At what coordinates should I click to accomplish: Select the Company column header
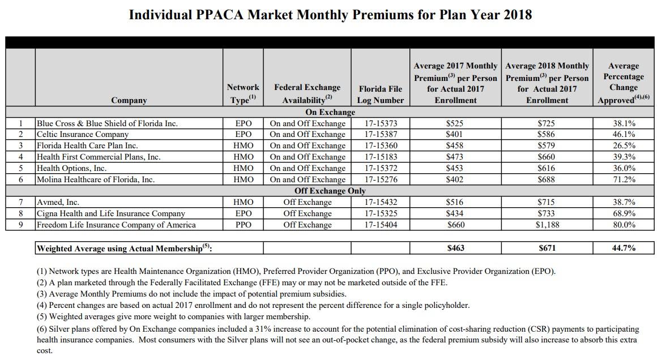[129, 100]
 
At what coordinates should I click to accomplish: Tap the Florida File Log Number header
[381, 95]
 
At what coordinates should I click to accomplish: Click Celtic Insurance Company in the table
[83, 135]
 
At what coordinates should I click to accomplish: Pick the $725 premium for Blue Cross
[547, 123]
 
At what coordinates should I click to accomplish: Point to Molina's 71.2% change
[623, 179]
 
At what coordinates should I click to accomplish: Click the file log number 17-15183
[381, 157]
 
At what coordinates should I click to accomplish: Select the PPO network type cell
[243, 225]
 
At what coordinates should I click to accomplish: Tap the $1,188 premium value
[547, 225]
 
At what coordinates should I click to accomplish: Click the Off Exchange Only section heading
[330, 191]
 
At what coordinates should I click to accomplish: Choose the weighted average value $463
[455, 248]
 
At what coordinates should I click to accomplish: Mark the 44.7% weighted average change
[623, 248]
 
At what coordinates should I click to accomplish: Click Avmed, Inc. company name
[58, 202]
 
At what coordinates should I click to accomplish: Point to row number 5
[20, 168]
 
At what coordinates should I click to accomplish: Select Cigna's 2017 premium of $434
[455, 213]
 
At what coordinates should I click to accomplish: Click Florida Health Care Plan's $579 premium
[547, 145]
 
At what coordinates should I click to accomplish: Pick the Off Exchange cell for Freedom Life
[307, 225]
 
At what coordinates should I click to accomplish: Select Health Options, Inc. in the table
[72, 168]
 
